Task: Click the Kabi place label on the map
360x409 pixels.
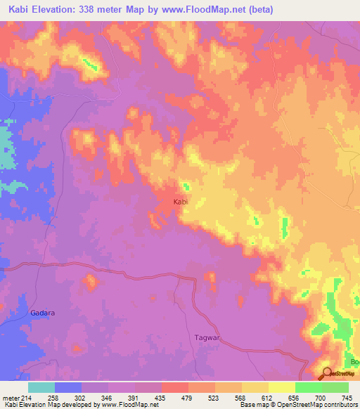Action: point(181,202)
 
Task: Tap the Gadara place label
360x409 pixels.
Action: point(42,313)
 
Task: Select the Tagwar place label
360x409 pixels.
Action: point(206,338)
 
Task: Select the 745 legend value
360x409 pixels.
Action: point(348,397)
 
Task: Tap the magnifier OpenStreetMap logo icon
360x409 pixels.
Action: point(326,373)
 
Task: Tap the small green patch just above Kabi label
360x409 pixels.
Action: point(186,187)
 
